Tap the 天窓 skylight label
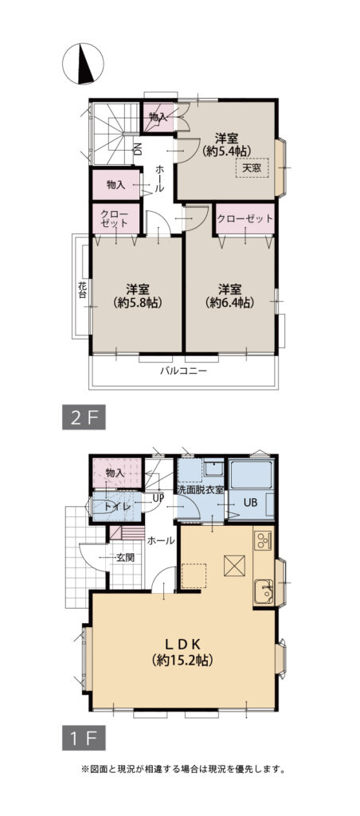[252, 168]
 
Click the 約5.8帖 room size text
[137, 303]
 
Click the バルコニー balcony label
[183, 371]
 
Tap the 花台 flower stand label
[82, 288]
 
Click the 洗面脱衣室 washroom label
[201, 489]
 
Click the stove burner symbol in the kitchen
[264, 543]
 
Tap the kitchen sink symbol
[263, 592]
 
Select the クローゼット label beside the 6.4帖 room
[245, 218]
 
